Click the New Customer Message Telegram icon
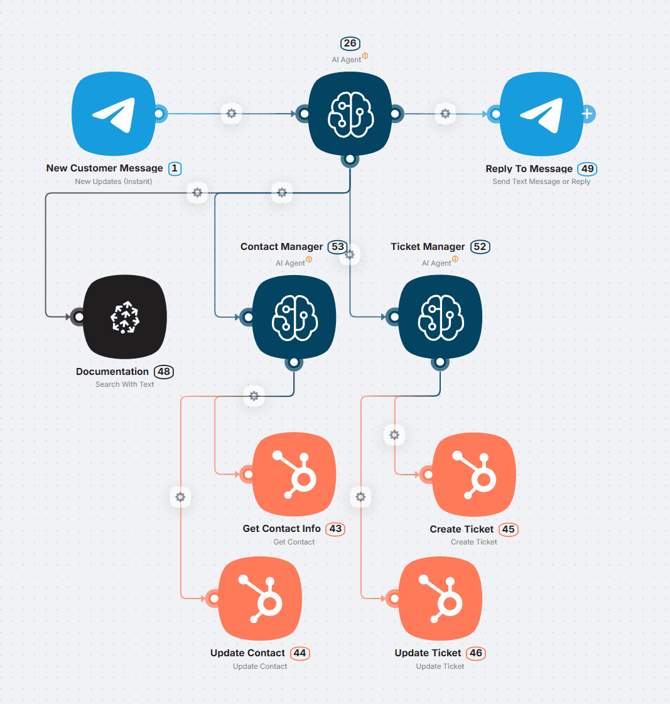(114, 114)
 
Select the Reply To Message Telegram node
(541, 114)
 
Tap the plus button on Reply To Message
(587, 114)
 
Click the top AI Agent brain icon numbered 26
(350, 114)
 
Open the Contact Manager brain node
(294, 318)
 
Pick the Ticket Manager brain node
(440, 318)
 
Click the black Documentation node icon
(125, 318)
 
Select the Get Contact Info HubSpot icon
(294, 474)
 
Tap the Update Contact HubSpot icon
(260, 598)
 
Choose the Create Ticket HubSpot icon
(474, 474)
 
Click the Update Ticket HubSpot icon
(440, 598)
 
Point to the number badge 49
(587, 168)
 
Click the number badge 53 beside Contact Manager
(338, 247)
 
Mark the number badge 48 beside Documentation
(164, 371)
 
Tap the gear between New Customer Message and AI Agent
(231, 114)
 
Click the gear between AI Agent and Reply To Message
(445, 114)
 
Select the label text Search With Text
(124, 384)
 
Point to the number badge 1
(175, 168)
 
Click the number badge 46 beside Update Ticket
(476, 653)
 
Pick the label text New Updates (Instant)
(114, 181)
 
